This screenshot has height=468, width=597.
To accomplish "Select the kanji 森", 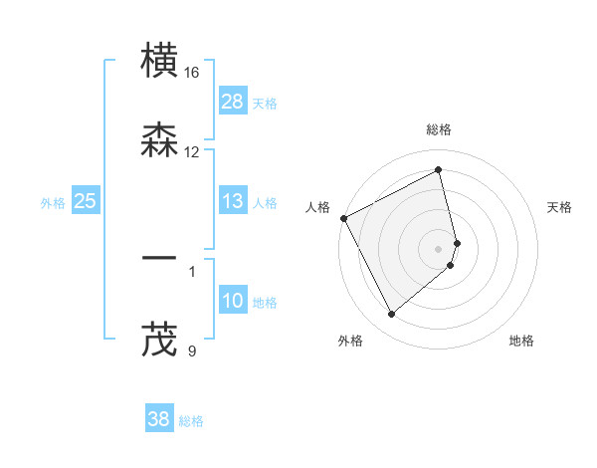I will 161,141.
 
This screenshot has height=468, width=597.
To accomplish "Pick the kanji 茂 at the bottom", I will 161,339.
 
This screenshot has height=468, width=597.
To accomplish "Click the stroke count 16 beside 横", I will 192,73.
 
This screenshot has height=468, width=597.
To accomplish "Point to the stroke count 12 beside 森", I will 192,152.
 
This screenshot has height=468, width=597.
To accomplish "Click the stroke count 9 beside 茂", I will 192,350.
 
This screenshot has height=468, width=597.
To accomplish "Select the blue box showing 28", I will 233,101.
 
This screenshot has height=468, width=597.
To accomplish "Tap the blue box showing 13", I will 233,201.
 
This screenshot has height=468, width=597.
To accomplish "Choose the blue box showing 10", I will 233,301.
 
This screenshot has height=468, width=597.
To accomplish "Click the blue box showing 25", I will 85,201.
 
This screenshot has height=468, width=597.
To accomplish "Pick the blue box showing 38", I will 159,419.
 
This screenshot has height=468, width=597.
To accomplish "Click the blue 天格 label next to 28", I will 265,103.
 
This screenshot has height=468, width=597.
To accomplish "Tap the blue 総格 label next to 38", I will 191,421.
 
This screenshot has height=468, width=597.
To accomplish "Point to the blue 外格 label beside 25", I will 53,203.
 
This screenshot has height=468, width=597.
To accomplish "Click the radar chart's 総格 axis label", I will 439,129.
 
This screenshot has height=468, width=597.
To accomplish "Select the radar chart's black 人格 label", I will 318,207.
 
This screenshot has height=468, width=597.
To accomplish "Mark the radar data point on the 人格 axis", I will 343,218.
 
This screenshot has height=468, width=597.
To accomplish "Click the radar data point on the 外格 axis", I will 391,315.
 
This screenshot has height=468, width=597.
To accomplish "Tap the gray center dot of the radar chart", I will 439,248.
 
